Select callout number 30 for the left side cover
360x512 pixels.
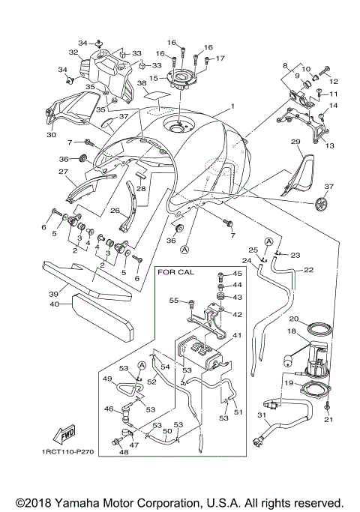pos(51,136)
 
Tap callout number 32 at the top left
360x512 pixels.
pos(73,52)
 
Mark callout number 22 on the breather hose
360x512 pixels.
pos(308,270)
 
